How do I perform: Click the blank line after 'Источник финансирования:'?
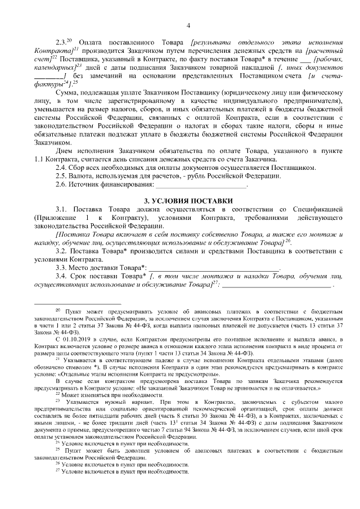201,186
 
